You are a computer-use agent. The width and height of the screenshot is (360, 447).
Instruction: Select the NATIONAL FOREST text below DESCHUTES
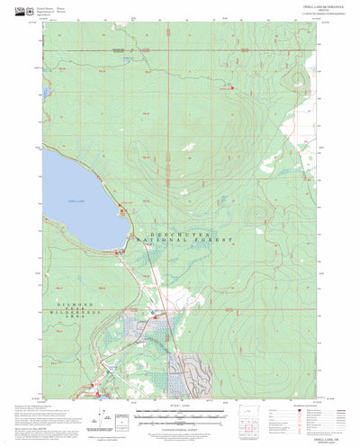point(184,242)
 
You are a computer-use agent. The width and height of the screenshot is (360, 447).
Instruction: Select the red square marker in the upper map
point(232,87)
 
